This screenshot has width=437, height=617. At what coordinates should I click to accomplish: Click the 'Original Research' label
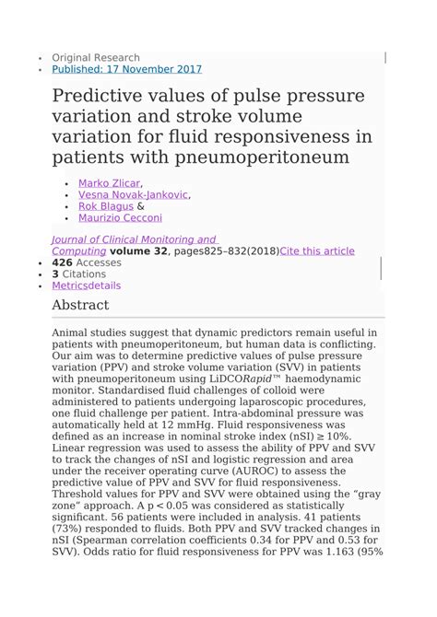[96, 57]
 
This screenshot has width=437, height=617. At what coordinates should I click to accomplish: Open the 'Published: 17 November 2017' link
[126, 69]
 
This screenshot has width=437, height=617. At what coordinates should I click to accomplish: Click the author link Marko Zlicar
[109, 183]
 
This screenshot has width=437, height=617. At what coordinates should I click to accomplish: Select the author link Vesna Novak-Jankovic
[133, 195]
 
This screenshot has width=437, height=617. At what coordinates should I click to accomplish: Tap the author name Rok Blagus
[105, 206]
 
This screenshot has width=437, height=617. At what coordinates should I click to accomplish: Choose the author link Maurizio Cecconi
[120, 218]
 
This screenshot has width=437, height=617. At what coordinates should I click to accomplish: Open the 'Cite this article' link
[317, 250]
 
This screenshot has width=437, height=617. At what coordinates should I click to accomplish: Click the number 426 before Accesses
[64, 262]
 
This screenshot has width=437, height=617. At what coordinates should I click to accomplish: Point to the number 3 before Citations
[55, 274]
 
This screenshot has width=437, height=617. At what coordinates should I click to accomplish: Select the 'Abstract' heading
[80, 305]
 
